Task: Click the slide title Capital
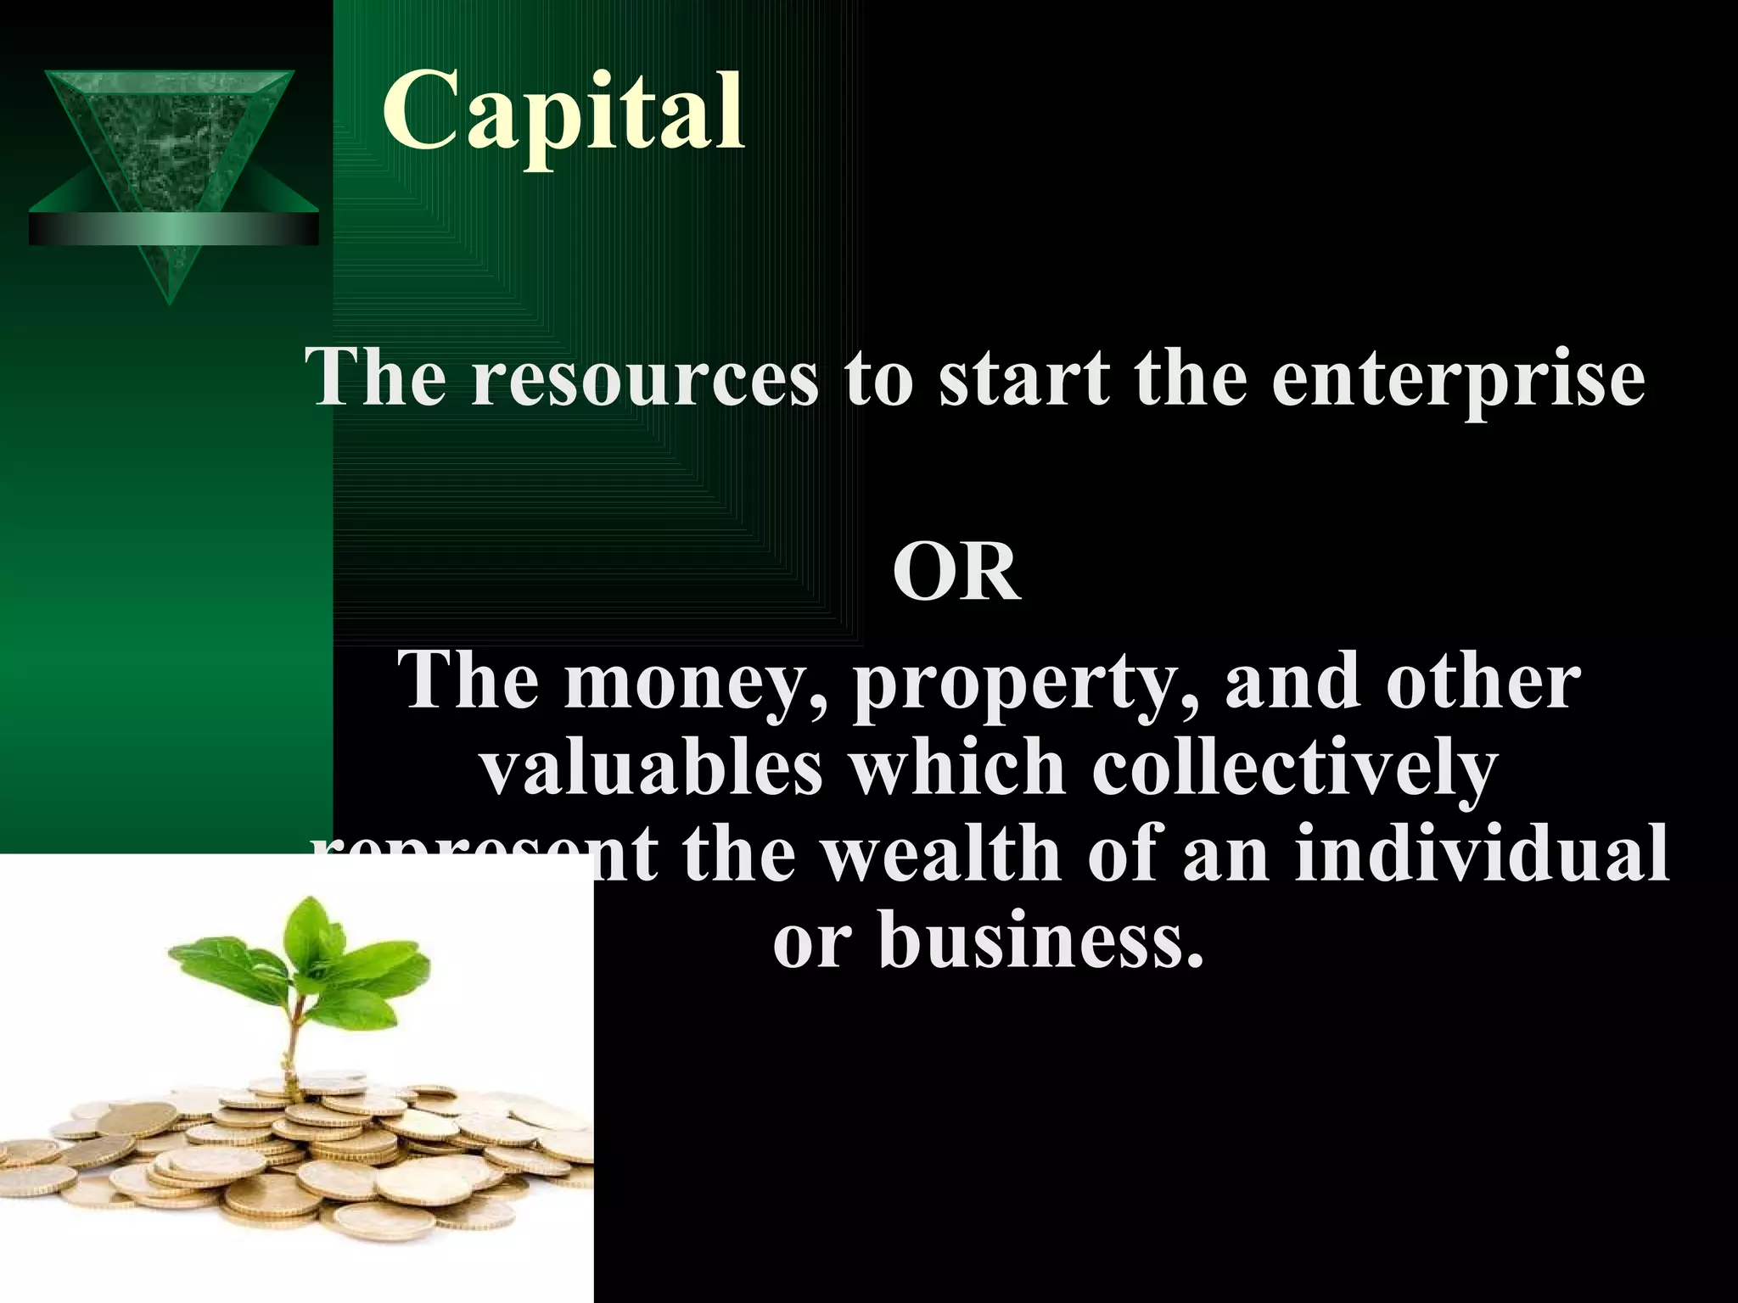click(x=563, y=115)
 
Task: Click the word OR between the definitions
click(x=956, y=574)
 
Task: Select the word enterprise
click(x=1458, y=380)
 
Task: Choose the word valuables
click(x=652, y=768)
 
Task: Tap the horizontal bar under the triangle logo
click(x=173, y=228)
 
